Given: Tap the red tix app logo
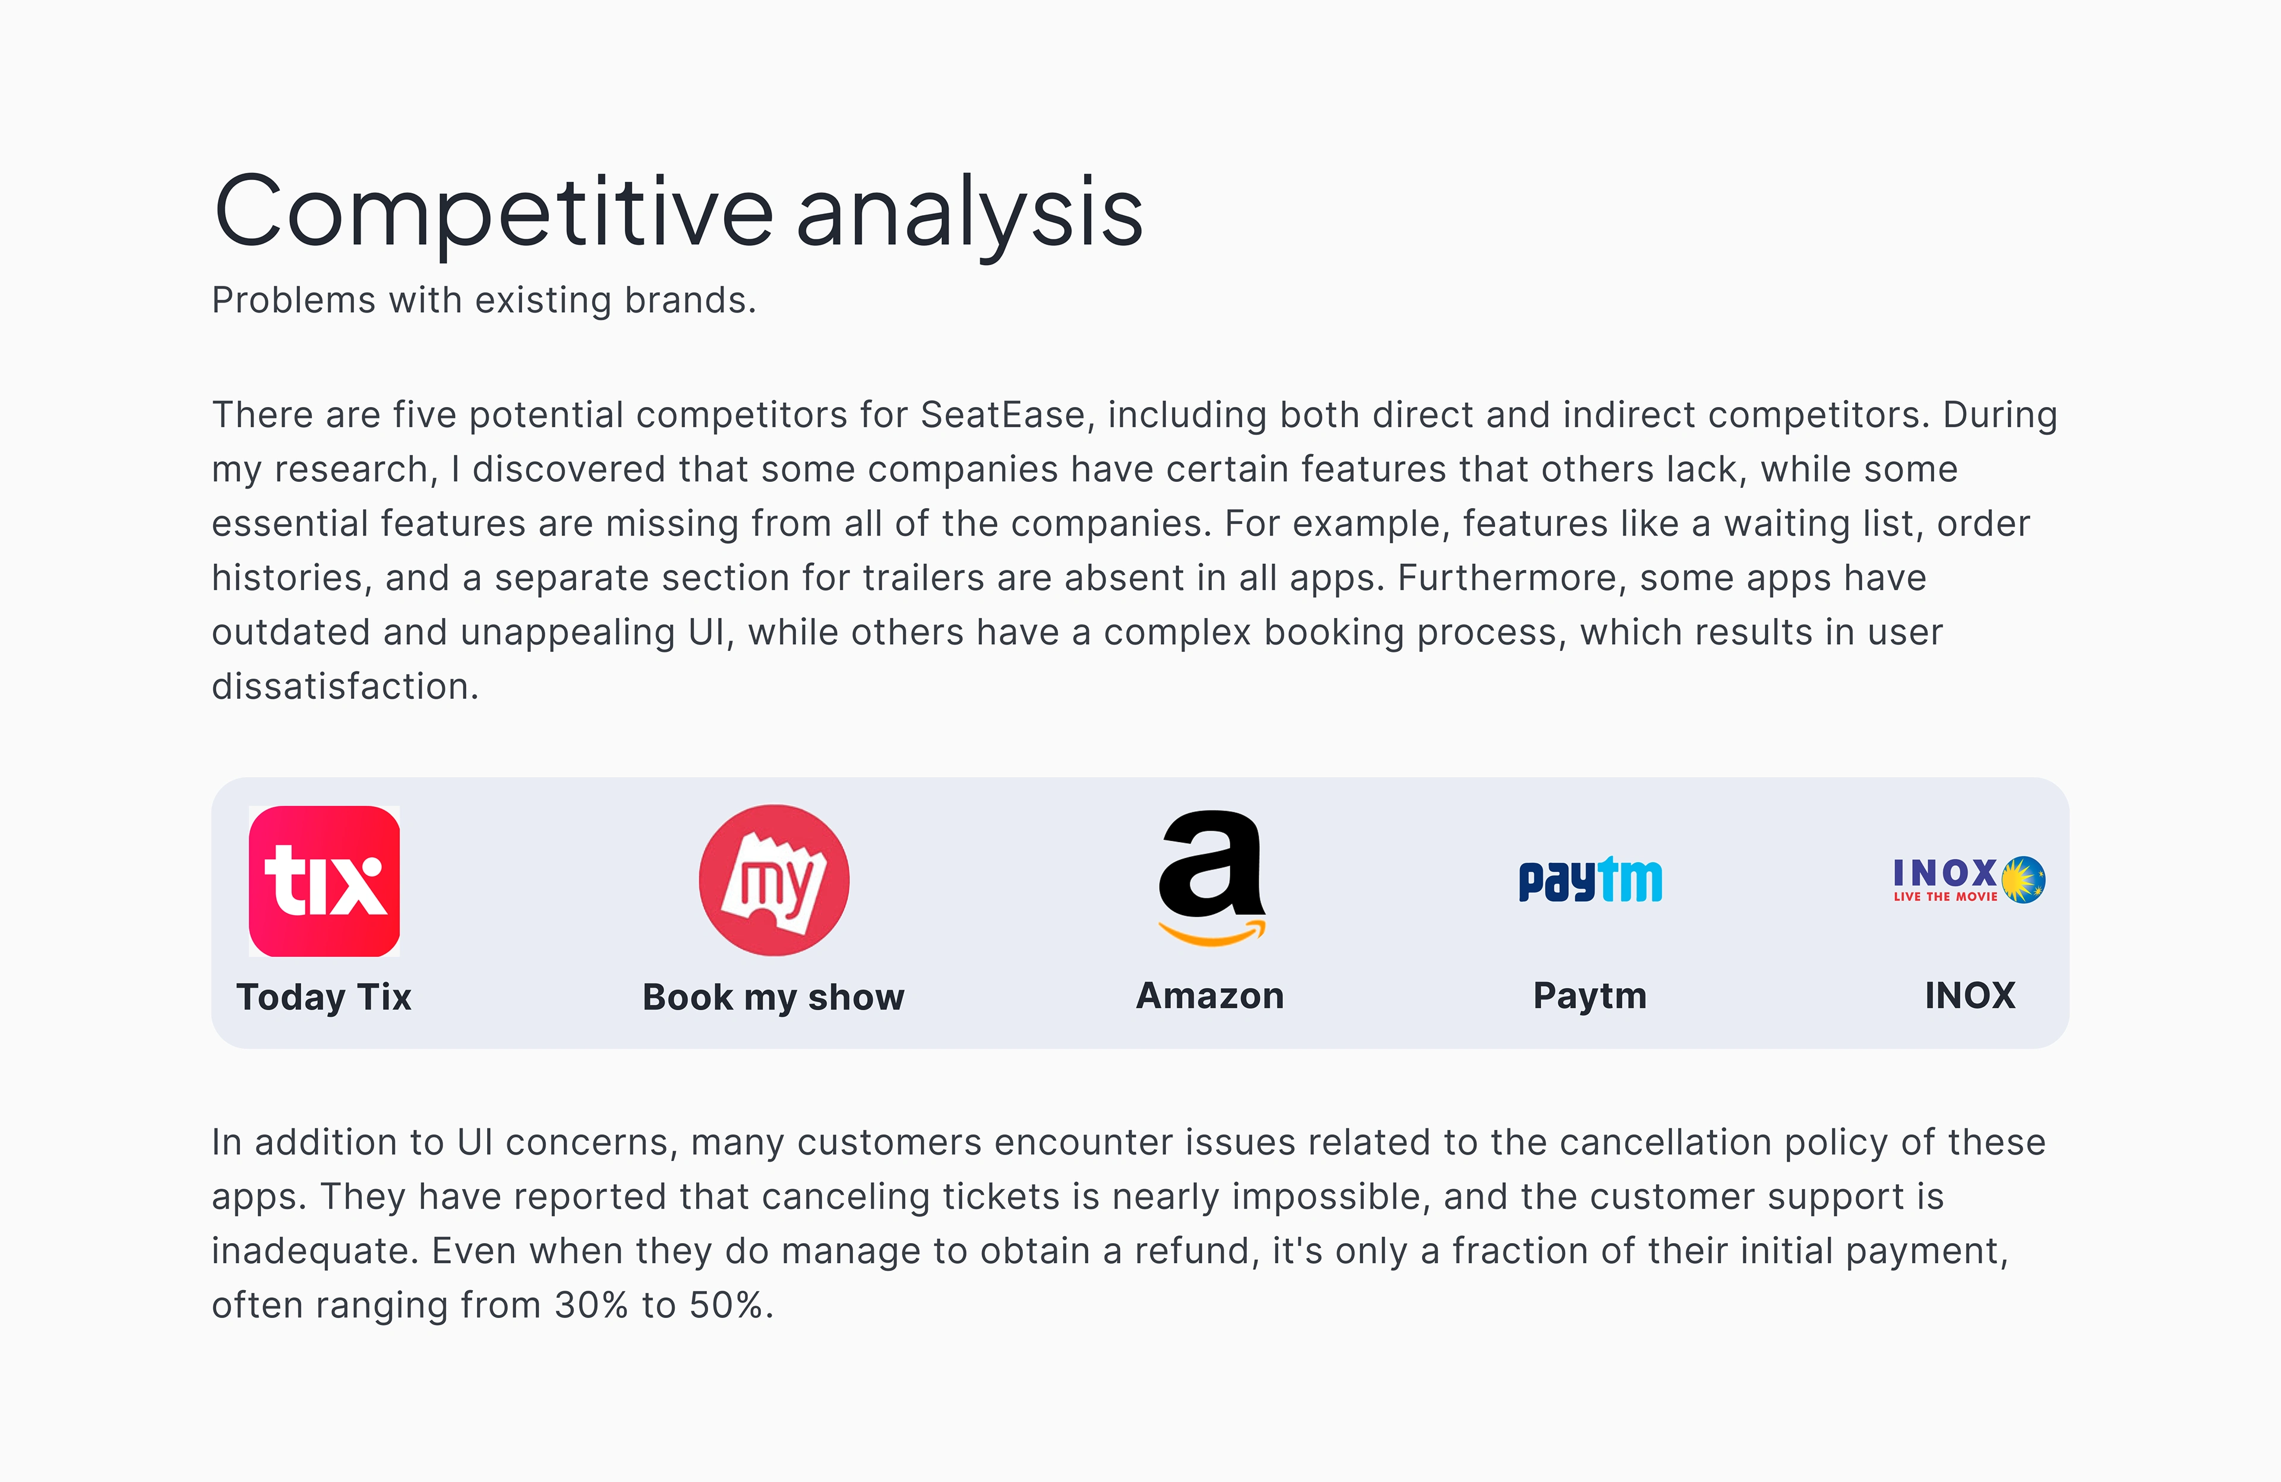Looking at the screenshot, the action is coord(324,881).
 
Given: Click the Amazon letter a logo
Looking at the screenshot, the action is coord(1211,863).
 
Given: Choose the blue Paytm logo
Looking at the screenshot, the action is coord(1590,880).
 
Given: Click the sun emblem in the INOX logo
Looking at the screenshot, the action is coord(2023,880).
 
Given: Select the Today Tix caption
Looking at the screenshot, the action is coord(324,997).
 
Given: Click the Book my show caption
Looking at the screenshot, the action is coord(773,998).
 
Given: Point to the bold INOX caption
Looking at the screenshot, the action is coord(1970,996).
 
